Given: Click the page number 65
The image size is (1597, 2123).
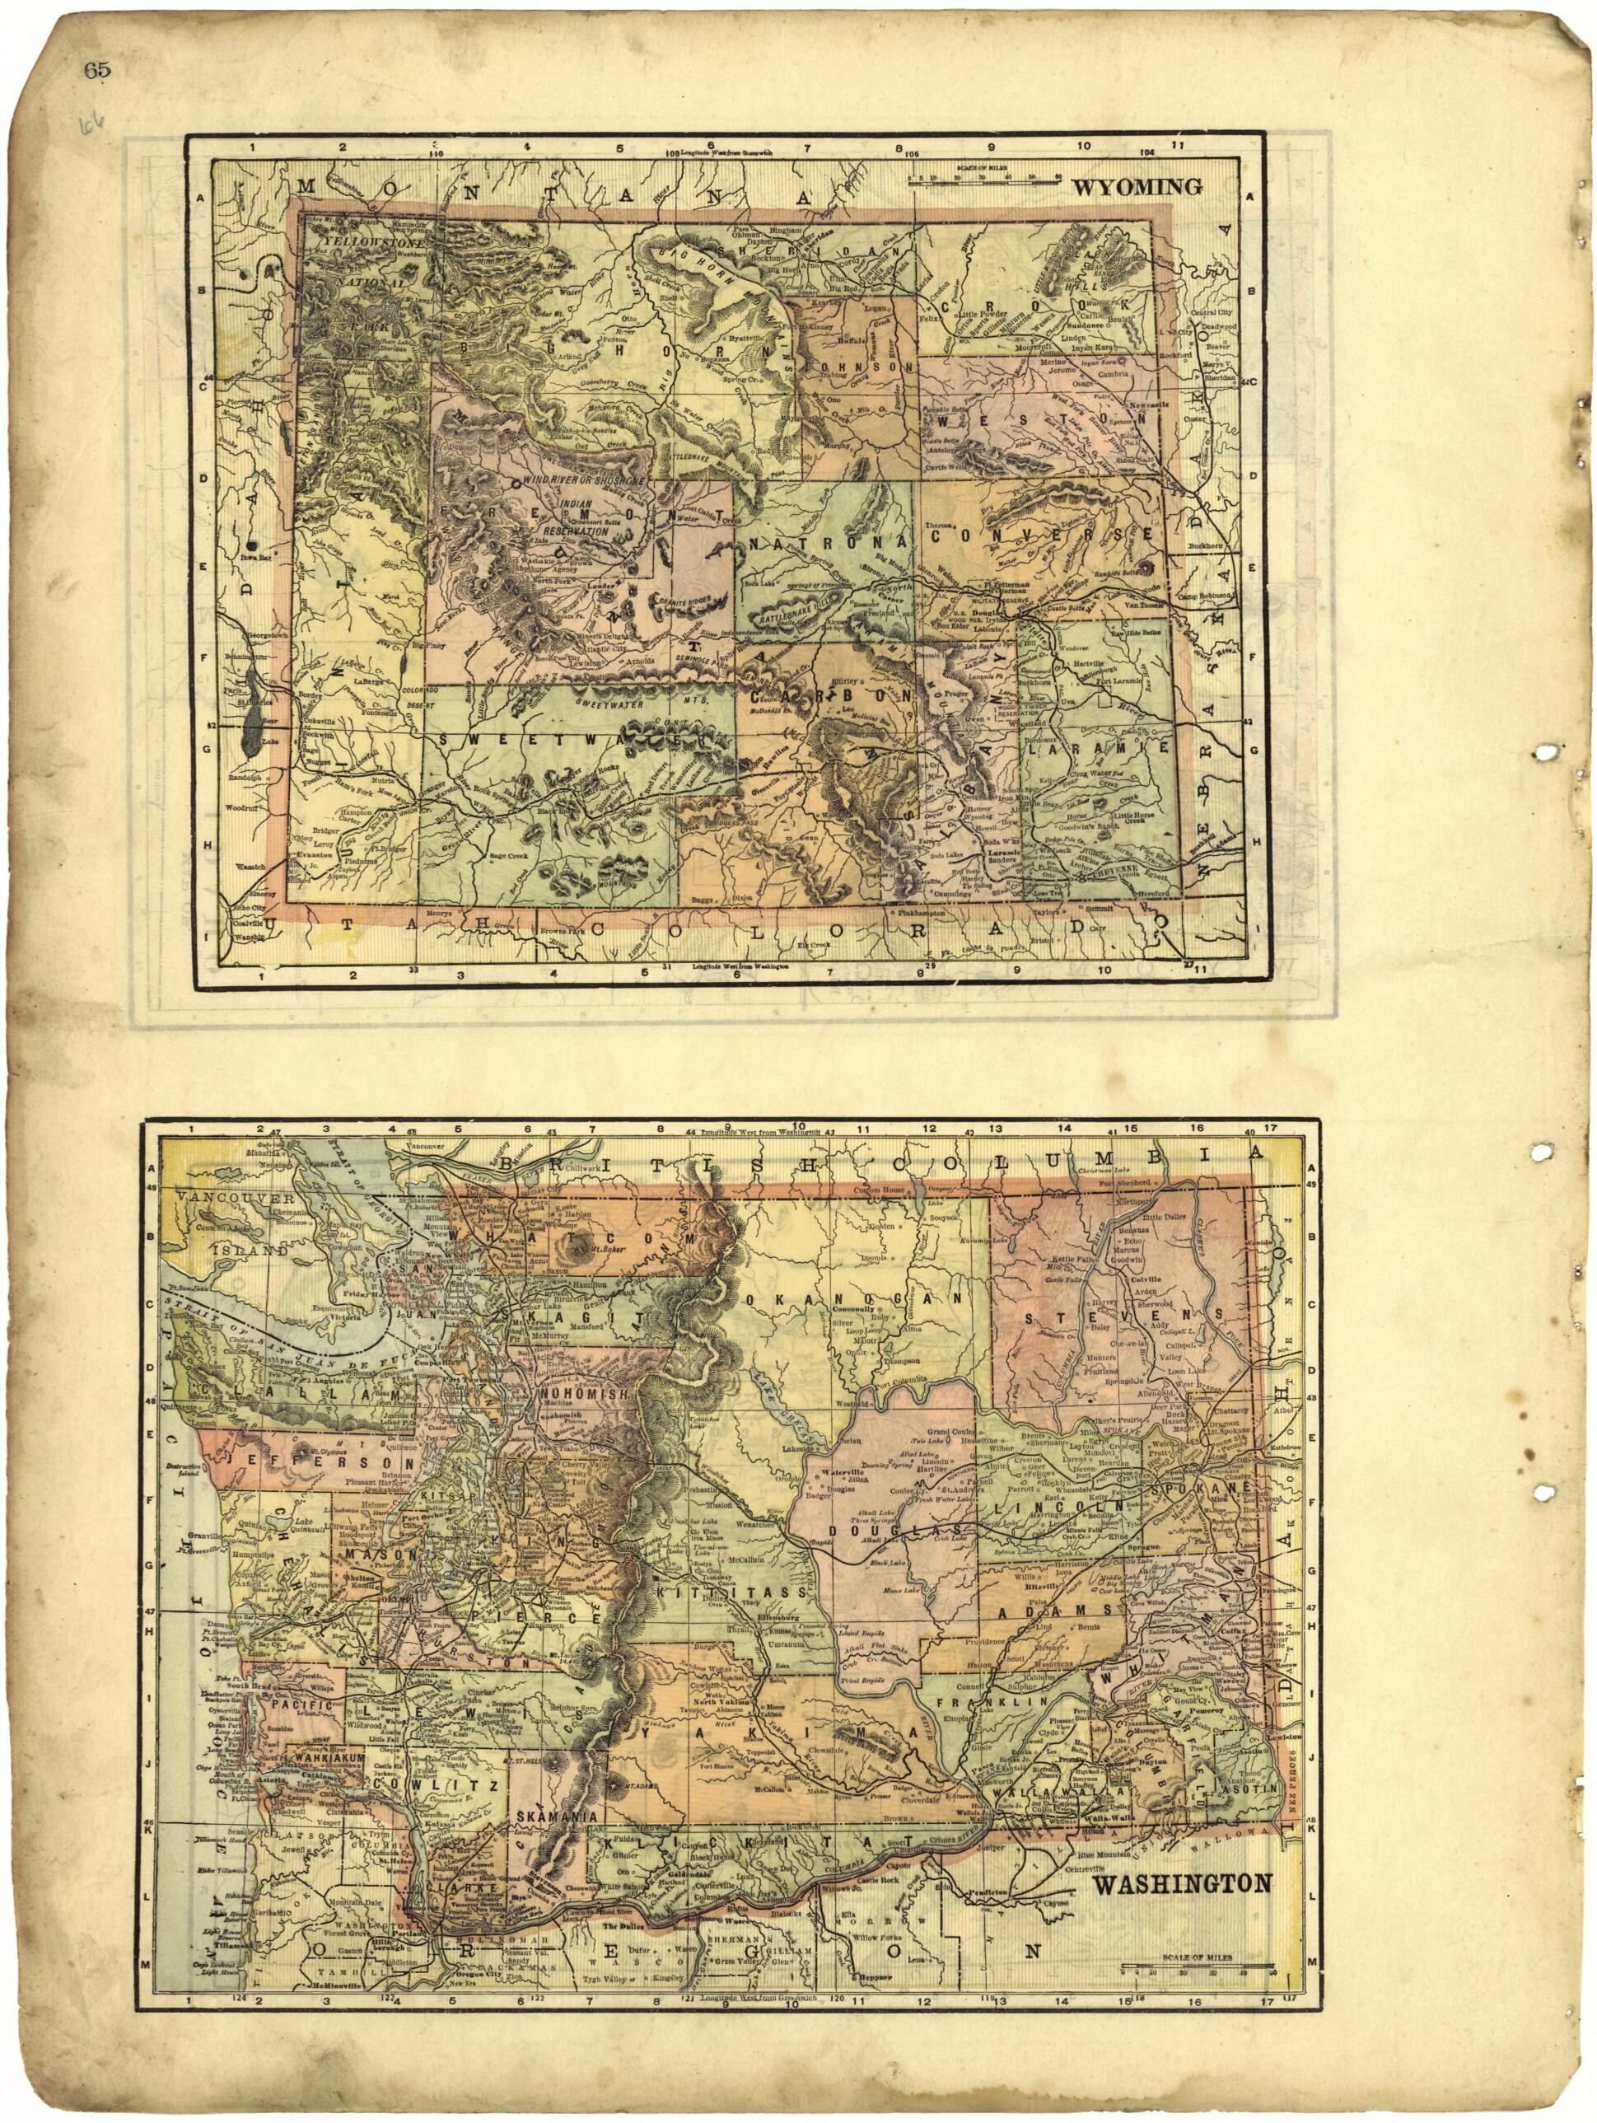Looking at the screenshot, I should pos(98,69).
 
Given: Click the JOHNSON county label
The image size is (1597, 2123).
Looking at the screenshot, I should pos(857,367).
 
